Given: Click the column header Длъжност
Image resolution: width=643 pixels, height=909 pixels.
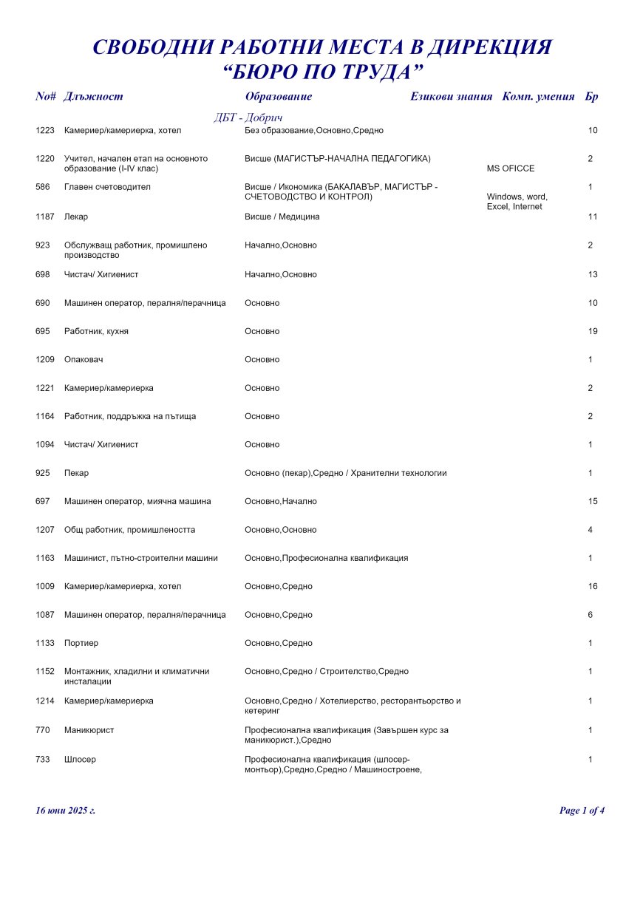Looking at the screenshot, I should [x=94, y=96].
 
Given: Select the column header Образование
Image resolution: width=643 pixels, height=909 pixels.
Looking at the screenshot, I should [x=279, y=96].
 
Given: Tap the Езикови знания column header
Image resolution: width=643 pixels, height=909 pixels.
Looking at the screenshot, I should [x=452, y=96].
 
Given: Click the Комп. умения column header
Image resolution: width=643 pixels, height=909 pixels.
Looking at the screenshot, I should [x=539, y=96].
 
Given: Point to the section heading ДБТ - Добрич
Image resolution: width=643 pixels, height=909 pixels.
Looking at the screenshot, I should [x=248, y=118].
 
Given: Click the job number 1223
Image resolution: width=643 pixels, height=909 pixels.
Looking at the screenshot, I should [x=45, y=131].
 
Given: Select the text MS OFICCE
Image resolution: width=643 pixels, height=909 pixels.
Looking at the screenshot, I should [x=511, y=168].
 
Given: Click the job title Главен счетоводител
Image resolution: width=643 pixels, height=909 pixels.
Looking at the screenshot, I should [x=107, y=187].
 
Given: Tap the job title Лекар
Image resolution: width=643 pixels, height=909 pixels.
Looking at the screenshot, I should [x=76, y=217].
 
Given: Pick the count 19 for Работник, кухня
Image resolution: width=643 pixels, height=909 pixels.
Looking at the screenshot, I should [x=593, y=331].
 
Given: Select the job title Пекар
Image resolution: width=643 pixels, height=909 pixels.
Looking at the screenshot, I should [x=76, y=473].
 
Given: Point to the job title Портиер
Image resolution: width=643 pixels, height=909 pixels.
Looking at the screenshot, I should [x=81, y=643].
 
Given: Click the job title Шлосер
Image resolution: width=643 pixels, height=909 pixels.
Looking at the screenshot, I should [x=81, y=760].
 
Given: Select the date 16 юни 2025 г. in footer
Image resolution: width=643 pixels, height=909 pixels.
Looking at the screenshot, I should [x=66, y=811].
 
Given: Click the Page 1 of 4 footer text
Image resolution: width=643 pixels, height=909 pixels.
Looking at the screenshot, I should [x=582, y=811].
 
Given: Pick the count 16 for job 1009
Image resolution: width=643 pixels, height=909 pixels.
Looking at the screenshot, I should [x=593, y=587].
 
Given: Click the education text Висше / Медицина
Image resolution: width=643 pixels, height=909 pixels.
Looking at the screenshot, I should [x=282, y=217].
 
